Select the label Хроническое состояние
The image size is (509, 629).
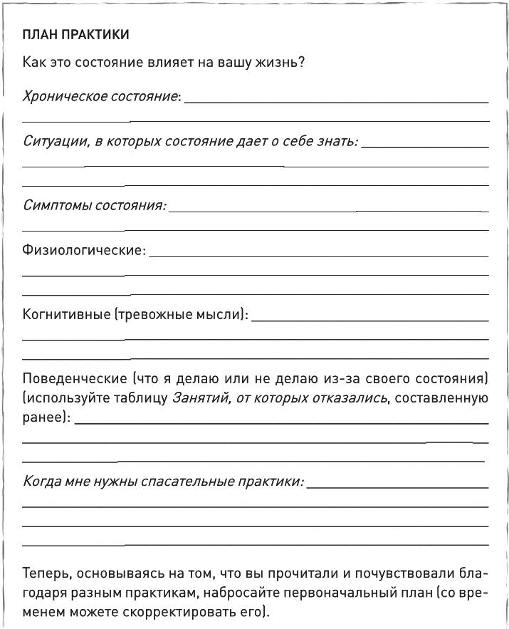pyautogui.click(x=100, y=95)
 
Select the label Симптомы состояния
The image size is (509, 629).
pyautogui.click(x=93, y=205)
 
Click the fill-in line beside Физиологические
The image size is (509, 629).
pyautogui.click(x=318, y=256)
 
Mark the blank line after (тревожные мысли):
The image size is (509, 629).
pyautogui.click(x=370, y=320)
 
